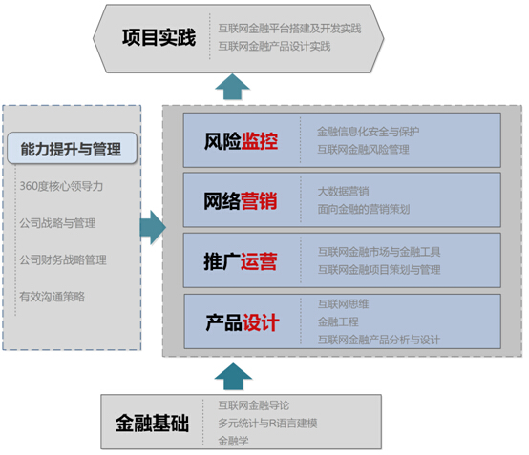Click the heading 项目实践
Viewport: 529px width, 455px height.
(159, 37)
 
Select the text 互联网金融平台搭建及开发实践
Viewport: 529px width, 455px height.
(289, 29)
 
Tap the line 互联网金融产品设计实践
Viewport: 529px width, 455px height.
(274, 46)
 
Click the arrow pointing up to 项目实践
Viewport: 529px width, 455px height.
(232, 87)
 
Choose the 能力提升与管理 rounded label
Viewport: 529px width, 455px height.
(72, 148)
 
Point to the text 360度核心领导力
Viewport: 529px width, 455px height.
(61, 186)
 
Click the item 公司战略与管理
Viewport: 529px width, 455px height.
(57, 223)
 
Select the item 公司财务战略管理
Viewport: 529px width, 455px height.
(63, 259)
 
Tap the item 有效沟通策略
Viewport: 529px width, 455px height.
(52, 297)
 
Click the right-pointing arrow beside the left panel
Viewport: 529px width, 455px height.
(153, 227)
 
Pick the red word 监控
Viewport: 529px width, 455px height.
(260, 141)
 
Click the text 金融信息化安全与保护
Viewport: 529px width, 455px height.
(368, 132)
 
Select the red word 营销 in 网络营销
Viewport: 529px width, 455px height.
(259, 201)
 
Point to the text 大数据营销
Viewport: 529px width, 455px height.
(343, 192)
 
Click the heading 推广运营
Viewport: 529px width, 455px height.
(241, 261)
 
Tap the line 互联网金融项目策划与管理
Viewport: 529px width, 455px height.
(379, 270)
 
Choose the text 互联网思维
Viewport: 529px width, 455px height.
(343, 304)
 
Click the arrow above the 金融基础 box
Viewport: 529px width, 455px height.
(233, 377)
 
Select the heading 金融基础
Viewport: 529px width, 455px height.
(152, 423)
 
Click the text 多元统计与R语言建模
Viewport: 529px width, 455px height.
(267, 423)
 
